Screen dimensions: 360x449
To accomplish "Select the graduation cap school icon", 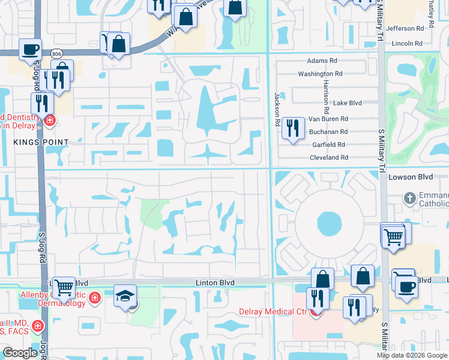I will click(x=125, y=296).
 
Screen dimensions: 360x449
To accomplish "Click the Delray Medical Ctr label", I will click(x=273, y=311).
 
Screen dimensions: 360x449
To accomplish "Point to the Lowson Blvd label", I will click(x=410, y=178).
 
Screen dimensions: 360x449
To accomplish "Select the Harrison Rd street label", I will click(x=326, y=97).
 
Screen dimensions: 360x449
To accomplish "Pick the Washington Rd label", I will click(x=320, y=74).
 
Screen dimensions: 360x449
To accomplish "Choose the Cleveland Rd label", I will click(x=328, y=157).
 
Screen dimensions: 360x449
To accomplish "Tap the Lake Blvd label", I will click(x=348, y=103).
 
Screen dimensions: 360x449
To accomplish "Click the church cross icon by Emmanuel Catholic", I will click(x=409, y=197).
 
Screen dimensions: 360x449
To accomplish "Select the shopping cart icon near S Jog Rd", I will click(x=64, y=287).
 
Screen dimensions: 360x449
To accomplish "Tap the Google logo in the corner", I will click(x=19, y=353).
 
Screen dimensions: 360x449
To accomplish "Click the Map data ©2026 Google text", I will click(x=412, y=355).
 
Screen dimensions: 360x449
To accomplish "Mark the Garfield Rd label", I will click(x=328, y=145).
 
